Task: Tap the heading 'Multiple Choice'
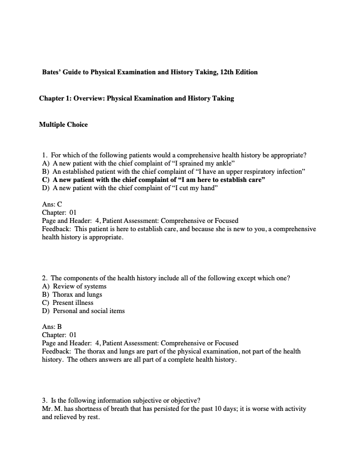tap(63, 125)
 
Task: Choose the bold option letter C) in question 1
tap(46, 180)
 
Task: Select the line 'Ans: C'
tap(52, 204)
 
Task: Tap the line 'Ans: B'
tap(52, 327)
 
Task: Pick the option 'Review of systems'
tap(80, 286)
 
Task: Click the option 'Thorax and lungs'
tap(78, 295)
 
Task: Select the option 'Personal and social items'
tap(89, 311)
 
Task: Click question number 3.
tap(44, 401)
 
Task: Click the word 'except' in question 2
tap(210, 278)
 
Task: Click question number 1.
tap(44, 155)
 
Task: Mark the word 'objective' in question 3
tap(184, 401)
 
